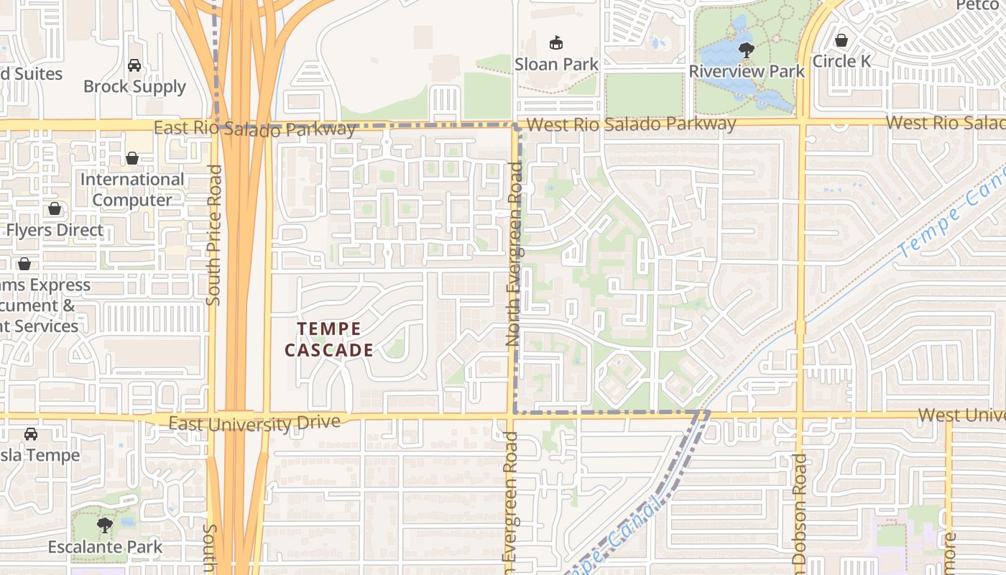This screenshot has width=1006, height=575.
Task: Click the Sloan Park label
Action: pyautogui.click(x=556, y=64)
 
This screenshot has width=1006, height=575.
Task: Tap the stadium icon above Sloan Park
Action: pyautogui.click(x=555, y=43)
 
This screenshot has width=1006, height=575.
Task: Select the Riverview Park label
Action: pyautogui.click(x=747, y=70)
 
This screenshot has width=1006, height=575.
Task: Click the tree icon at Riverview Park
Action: pyautogui.click(x=747, y=50)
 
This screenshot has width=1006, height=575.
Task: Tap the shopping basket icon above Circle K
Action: pyautogui.click(x=841, y=40)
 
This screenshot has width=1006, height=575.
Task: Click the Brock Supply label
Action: pyautogui.click(x=134, y=86)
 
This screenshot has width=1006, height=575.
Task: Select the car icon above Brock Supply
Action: pyautogui.click(x=134, y=65)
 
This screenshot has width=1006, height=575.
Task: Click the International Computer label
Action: pyautogui.click(x=132, y=189)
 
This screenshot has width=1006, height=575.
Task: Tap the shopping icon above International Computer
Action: pyautogui.click(x=132, y=158)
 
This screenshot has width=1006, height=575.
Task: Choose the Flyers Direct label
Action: pyautogui.click(x=55, y=230)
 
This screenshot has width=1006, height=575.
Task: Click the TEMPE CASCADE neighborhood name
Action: pyautogui.click(x=329, y=339)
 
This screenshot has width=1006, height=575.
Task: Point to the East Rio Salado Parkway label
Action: pyautogui.click(x=255, y=129)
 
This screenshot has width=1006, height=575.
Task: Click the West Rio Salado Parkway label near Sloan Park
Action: pyautogui.click(x=631, y=124)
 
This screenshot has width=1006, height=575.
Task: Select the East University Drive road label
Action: pyautogui.click(x=254, y=423)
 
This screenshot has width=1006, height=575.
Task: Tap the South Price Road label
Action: pyautogui.click(x=213, y=235)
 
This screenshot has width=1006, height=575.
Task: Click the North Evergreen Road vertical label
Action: pyautogui.click(x=514, y=254)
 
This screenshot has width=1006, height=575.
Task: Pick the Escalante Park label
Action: pyautogui.click(x=105, y=547)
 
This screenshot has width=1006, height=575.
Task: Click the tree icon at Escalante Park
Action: pyautogui.click(x=105, y=525)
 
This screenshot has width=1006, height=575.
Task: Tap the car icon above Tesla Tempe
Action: pyautogui.click(x=31, y=434)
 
